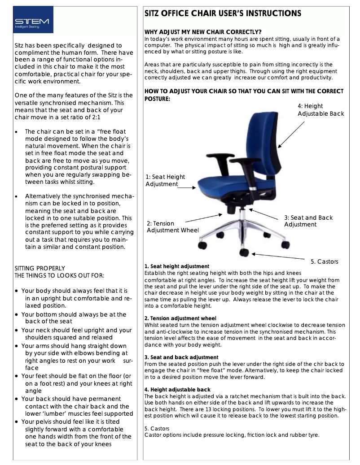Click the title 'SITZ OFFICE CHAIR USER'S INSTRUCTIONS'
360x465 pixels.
click(x=223, y=13)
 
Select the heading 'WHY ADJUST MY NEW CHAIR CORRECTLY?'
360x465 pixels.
click(x=203, y=32)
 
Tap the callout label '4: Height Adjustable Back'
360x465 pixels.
click(x=320, y=110)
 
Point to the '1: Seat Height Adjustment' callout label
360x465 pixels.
click(x=165, y=181)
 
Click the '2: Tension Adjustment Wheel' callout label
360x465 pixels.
click(x=172, y=227)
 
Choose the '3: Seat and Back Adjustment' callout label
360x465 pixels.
click(x=308, y=221)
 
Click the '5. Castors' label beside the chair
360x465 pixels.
click(x=324, y=261)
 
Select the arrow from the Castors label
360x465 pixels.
click(x=278, y=256)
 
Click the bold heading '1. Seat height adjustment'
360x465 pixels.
click(x=177, y=267)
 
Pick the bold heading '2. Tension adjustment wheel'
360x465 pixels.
click(x=180, y=318)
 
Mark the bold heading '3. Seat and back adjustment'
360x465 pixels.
click(x=181, y=357)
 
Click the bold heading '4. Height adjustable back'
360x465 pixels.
click(x=177, y=390)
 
